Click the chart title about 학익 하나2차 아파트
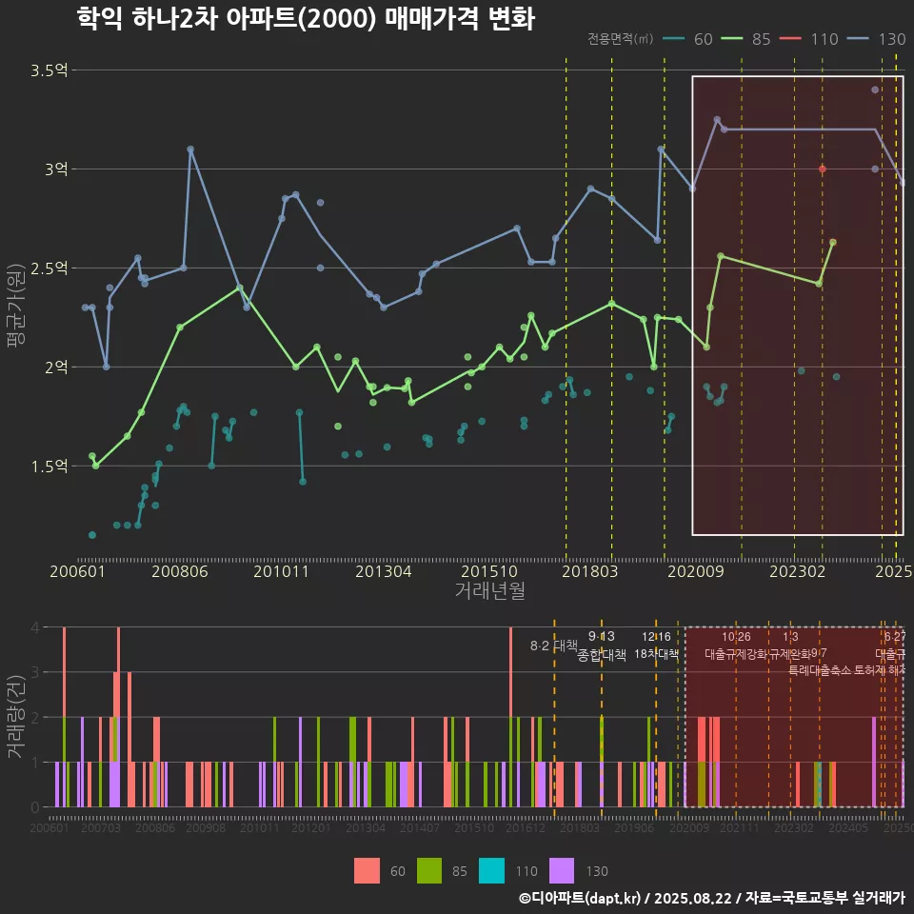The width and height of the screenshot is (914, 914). point(305,18)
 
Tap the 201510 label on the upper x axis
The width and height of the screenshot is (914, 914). point(490,571)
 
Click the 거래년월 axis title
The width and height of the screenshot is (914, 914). point(489,591)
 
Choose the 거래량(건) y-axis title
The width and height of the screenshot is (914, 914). point(16,717)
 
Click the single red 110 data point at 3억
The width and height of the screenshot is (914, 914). point(823,169)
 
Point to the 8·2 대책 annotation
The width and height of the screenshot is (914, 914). point(554,646)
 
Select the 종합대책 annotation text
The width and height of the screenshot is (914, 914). point(602,655)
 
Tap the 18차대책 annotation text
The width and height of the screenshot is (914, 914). point(656,654)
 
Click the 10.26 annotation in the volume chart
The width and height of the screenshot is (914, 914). point(736,637)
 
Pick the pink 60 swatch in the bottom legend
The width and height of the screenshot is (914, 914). point(366,870)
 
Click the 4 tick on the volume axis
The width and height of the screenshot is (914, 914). point(34,627)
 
